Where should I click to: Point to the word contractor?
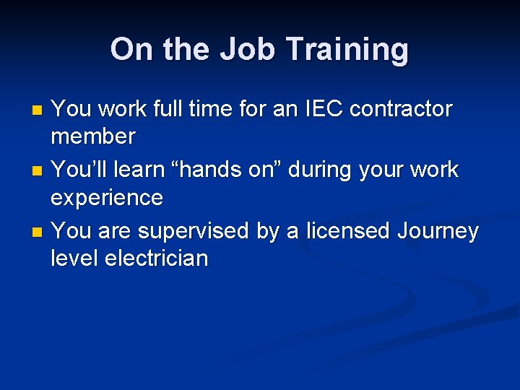[x=400, y=109]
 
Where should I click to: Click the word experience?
[x=107, y=197]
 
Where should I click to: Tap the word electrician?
[x=156, y=258]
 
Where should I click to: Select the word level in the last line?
[x=74, y=258]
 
